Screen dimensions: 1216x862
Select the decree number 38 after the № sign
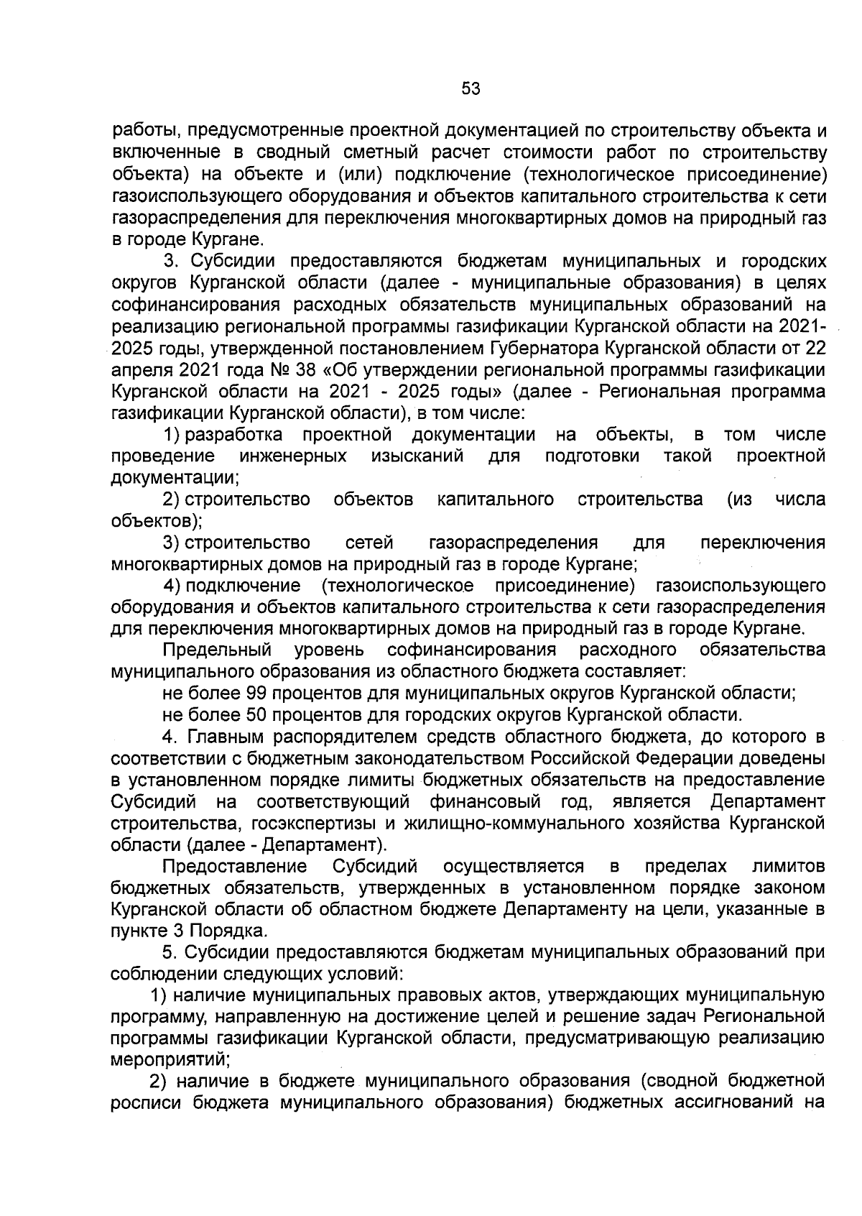[x=307, y=370]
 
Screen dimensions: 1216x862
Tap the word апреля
[x=141, y=370]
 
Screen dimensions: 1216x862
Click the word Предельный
[x=217, y=650]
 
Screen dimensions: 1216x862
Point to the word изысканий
[x=417, y=456]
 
